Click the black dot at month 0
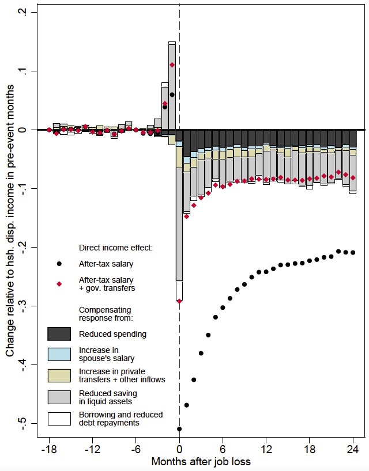(179, 429)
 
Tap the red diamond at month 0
(179, 301)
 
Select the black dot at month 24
(353, 253)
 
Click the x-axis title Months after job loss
(201, 461)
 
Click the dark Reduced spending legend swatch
(59, 334)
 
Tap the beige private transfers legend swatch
(59, 376)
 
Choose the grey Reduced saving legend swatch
(59, 397)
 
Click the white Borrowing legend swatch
(59, 419)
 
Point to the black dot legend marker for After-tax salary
(59, 264)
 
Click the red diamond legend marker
(59, 283)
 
